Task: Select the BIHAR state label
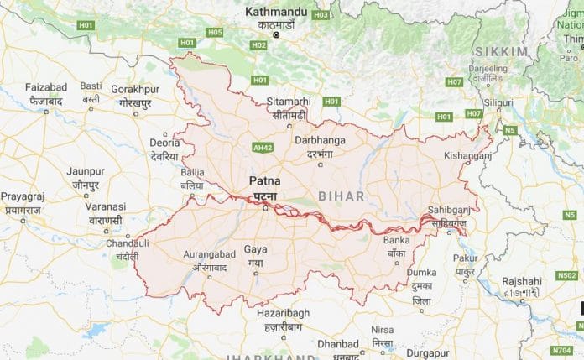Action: (342, 195)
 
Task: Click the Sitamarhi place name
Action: (288, 101)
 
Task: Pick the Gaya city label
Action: (254, 250)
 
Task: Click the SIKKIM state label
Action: (503, 52)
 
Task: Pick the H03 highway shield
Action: (320, 15)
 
